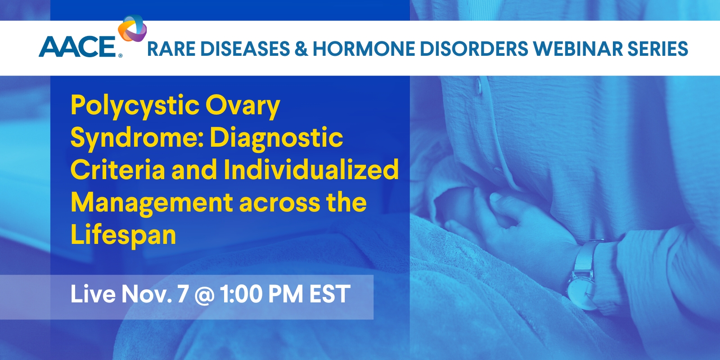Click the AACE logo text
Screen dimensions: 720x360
point(77,47)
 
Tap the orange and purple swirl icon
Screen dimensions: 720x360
point(132,28)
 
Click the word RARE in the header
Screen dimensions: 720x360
point(171,49)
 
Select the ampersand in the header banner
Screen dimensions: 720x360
point(301,49)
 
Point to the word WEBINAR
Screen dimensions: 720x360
point(574,49)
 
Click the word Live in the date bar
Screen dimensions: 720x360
point(93,294)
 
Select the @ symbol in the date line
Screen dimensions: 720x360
point(204,295)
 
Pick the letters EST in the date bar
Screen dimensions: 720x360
point(330,294)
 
